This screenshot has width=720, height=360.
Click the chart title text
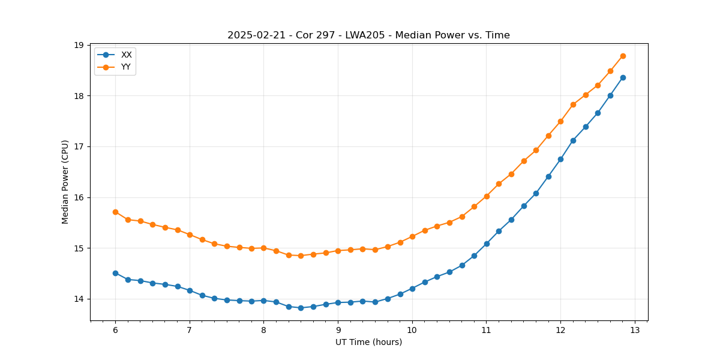368,35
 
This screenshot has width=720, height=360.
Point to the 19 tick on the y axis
79,45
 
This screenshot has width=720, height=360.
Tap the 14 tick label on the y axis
79,299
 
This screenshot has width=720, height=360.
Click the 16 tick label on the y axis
79,197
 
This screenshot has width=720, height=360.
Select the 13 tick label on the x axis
635,330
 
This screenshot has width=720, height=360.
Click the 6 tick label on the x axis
115,330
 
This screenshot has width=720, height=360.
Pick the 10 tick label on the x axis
412,330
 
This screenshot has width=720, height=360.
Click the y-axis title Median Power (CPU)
66,182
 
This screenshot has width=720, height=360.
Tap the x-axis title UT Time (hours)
368,342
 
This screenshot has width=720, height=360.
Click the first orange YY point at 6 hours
115,212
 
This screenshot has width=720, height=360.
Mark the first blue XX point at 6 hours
115,273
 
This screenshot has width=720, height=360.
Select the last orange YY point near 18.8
623,56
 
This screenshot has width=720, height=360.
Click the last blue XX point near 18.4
623,77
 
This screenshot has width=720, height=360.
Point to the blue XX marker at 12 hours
560,159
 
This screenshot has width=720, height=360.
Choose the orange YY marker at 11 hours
487,196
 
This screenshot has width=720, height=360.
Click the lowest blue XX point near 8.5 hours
301,308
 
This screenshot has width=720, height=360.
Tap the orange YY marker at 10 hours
412,236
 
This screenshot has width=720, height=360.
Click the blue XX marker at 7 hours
190,290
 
